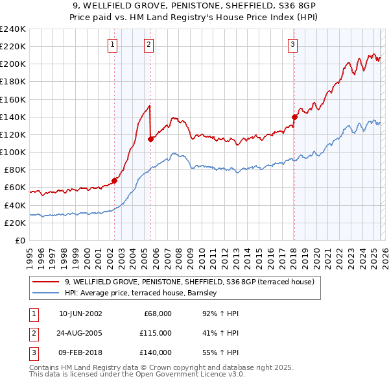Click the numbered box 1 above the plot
[x=113, y=45]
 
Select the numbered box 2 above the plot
[x=149, y=45]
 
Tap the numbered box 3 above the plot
[x=292, y=45]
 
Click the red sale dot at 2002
[x=114, y=180]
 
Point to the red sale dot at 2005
[x=150, y=138]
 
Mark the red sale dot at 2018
[x=294, y=117]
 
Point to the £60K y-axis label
[x=14, y=188]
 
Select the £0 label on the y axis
[x=20, y=240]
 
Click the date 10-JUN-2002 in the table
[x=80, y=314]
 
